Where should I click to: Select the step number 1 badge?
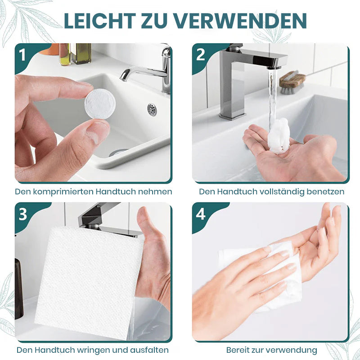22,55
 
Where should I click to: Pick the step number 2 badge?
200,55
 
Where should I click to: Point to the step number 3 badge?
23,214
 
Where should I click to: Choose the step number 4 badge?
200,214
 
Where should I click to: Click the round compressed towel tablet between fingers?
100,104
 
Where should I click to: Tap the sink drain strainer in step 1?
152,109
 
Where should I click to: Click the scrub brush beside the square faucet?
292,83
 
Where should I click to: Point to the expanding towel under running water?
278,136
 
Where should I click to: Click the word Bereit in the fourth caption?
238,350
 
